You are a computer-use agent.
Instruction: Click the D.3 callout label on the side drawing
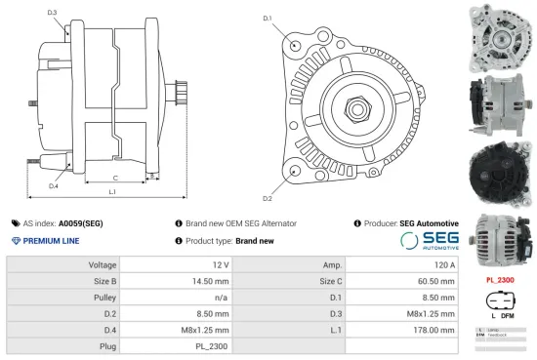click(52, 13)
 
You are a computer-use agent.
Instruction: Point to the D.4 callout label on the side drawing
click(53, 185)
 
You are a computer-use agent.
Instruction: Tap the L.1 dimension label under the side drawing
click(112, 192)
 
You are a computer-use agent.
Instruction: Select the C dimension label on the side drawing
click(115, 178)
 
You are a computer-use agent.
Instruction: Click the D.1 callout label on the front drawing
click(267, 19)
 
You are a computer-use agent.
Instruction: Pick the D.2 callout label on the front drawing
click(267, 199)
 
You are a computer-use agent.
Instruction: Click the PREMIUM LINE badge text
click(50, 240)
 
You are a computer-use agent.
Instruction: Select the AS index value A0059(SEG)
click(80, 223)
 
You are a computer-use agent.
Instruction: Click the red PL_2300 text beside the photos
click(499, 280)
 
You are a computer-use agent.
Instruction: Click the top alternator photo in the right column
click(500, 34)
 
